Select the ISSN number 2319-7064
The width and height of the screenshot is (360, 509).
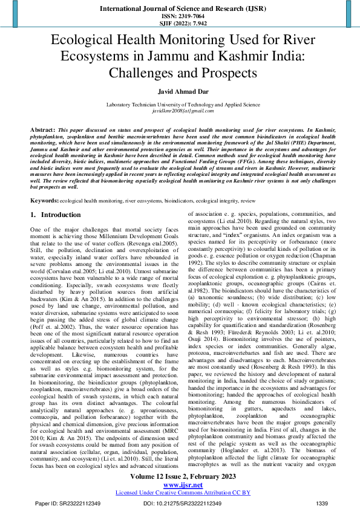pos(180,15)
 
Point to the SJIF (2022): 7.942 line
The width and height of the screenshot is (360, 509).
pos(180,23)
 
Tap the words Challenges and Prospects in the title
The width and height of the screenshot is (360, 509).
pos(180,73)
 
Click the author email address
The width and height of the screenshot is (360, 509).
pos(180,111)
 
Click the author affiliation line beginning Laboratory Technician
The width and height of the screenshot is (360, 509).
pos(180,105)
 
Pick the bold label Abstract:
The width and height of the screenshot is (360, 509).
pos(43,130)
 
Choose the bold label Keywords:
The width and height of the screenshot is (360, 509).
pos(45,199)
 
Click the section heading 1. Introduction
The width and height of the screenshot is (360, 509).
pos(56,215)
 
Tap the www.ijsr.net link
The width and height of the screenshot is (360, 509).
pos(180,484)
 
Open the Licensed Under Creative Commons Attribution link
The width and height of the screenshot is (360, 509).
pos(180,493)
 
